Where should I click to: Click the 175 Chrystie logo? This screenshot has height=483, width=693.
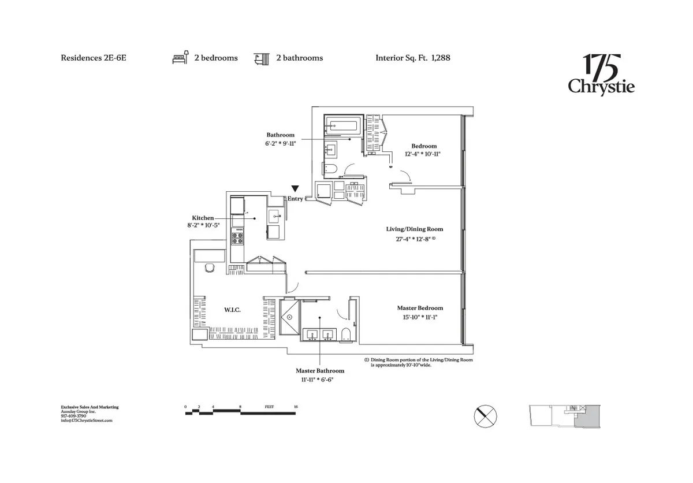click(601, 74)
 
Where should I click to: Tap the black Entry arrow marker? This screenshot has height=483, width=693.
click(295, 188)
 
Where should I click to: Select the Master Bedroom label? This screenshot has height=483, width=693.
click(420, 308)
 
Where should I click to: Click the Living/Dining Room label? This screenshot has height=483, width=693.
click(415, 229)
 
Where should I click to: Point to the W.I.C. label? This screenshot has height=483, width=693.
click(232, 310)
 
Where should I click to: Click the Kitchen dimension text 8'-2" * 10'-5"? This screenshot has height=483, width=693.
click(200, 225)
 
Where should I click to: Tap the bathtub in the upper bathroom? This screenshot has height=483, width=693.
click(343, 125)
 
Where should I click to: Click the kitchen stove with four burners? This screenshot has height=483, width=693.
click(237, 236)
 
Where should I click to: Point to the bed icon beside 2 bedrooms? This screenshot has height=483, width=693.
click(179, 58)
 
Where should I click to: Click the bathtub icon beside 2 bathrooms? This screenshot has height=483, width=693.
click(261, 58)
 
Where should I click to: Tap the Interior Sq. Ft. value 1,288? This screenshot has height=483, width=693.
click(440, 58)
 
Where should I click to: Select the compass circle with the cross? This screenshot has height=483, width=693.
click(486, 415)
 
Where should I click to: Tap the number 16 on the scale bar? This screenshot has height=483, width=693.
click(296, 407)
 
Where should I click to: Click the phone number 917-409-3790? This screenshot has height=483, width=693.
click(74, 416)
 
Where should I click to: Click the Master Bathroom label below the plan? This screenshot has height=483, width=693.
click(320, 371)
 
